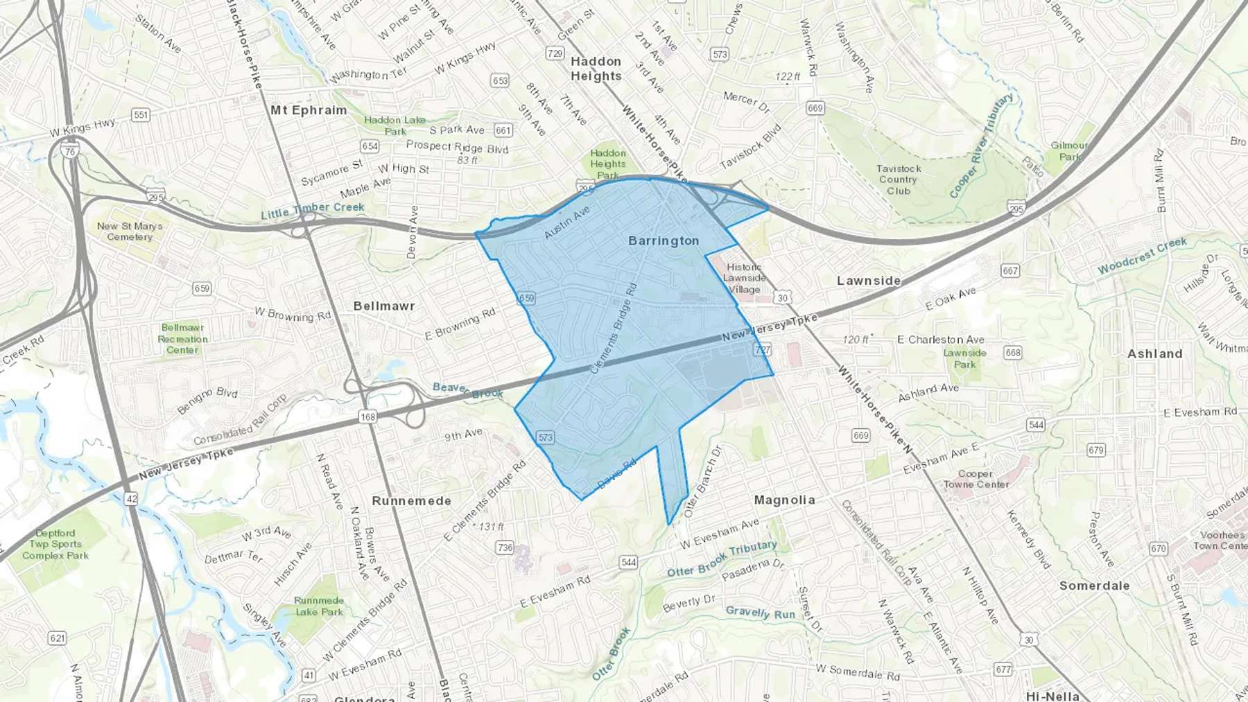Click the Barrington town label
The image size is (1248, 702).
664,240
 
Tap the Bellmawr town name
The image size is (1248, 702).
384,306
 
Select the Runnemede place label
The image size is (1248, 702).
411,500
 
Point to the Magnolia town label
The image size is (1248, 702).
784,500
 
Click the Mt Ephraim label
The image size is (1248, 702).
309,110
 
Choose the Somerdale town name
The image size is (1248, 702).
1094,586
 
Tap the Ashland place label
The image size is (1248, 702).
1154,353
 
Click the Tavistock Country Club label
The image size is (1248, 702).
899,179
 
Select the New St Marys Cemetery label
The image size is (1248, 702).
130,231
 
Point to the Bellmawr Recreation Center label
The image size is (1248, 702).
182,339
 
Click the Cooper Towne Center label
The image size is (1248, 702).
976,479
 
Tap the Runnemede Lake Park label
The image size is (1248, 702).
319,606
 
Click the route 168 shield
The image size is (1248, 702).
367,416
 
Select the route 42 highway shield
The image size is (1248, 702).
131,498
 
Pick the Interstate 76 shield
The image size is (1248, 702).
68,152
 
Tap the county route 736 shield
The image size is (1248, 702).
505,547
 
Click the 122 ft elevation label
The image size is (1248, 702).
788,77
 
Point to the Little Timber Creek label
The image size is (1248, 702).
312,210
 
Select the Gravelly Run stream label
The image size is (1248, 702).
760,613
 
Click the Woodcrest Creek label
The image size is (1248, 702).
1142,255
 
